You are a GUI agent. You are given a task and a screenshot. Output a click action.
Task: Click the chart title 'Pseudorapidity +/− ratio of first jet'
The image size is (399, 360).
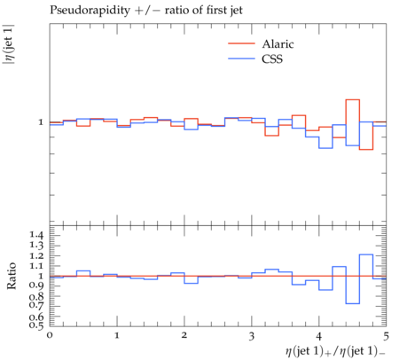tap(146, 11)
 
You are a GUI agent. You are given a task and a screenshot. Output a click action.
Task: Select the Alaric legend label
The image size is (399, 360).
tap(278, 44)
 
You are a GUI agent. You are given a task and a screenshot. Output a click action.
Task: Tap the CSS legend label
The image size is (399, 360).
tap(272, 59)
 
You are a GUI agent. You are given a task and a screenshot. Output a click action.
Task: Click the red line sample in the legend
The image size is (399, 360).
tap(241, 43)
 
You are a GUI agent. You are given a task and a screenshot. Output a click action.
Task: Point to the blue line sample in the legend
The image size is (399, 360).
tap(241, 59)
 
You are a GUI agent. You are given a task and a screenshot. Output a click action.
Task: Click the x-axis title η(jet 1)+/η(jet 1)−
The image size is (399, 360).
tap(335, 351)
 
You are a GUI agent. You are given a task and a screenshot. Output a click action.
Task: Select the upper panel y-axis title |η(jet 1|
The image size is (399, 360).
tap(8, 44)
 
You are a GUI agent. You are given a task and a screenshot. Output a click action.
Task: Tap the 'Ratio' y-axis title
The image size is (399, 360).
tap(12, 276)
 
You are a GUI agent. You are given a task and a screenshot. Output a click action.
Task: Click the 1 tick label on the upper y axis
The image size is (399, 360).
tap(41, 121)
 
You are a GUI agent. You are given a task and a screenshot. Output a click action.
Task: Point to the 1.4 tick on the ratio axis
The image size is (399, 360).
tap(36, 235)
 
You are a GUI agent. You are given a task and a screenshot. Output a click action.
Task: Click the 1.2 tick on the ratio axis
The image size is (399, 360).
tap(36, 255)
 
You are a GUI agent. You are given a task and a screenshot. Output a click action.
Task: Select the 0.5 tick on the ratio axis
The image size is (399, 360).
tap(36, 325)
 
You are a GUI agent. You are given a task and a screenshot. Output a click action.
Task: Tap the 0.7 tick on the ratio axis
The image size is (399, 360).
tap(36, 304)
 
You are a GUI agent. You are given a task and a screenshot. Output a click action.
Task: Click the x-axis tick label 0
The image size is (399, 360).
tap(50, 335)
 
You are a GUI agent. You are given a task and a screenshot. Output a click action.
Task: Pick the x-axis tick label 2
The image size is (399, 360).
tap(184, 335)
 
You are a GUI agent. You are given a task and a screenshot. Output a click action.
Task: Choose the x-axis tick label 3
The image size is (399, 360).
tap(252, 336)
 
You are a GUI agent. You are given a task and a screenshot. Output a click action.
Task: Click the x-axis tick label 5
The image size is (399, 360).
tap(386, 336)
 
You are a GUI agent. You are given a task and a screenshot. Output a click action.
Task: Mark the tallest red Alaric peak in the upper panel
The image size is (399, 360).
tap(352, 100)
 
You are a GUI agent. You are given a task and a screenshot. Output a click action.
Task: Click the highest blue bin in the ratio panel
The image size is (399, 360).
tap(366, 254)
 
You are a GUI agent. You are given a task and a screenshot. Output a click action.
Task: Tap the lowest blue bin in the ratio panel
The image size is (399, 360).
tap(352, 303)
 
